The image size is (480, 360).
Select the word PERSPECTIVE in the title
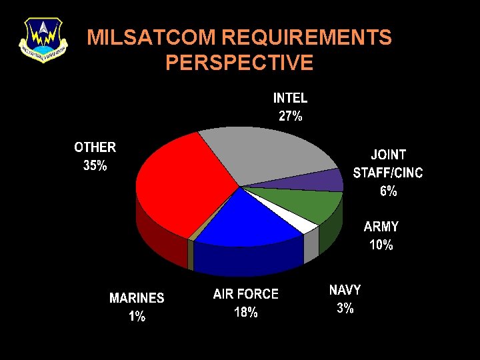(x=239, y=63)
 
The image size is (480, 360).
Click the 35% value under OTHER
(x=95, y=166)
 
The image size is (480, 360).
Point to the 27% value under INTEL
(x=290, y=116)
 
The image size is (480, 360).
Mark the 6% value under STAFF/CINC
(x=388, y=191)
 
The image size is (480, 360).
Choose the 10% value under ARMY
(x=381, y=245)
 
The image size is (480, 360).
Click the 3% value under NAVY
(x=345, y=308)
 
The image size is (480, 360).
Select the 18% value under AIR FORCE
(x=246, y=312)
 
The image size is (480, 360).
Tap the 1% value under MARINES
(x=137, y=317)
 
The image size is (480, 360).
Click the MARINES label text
(x=137, y=298)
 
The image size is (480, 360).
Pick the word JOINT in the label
(x=388, y=155)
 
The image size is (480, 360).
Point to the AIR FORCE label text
(x=246, y=294)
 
